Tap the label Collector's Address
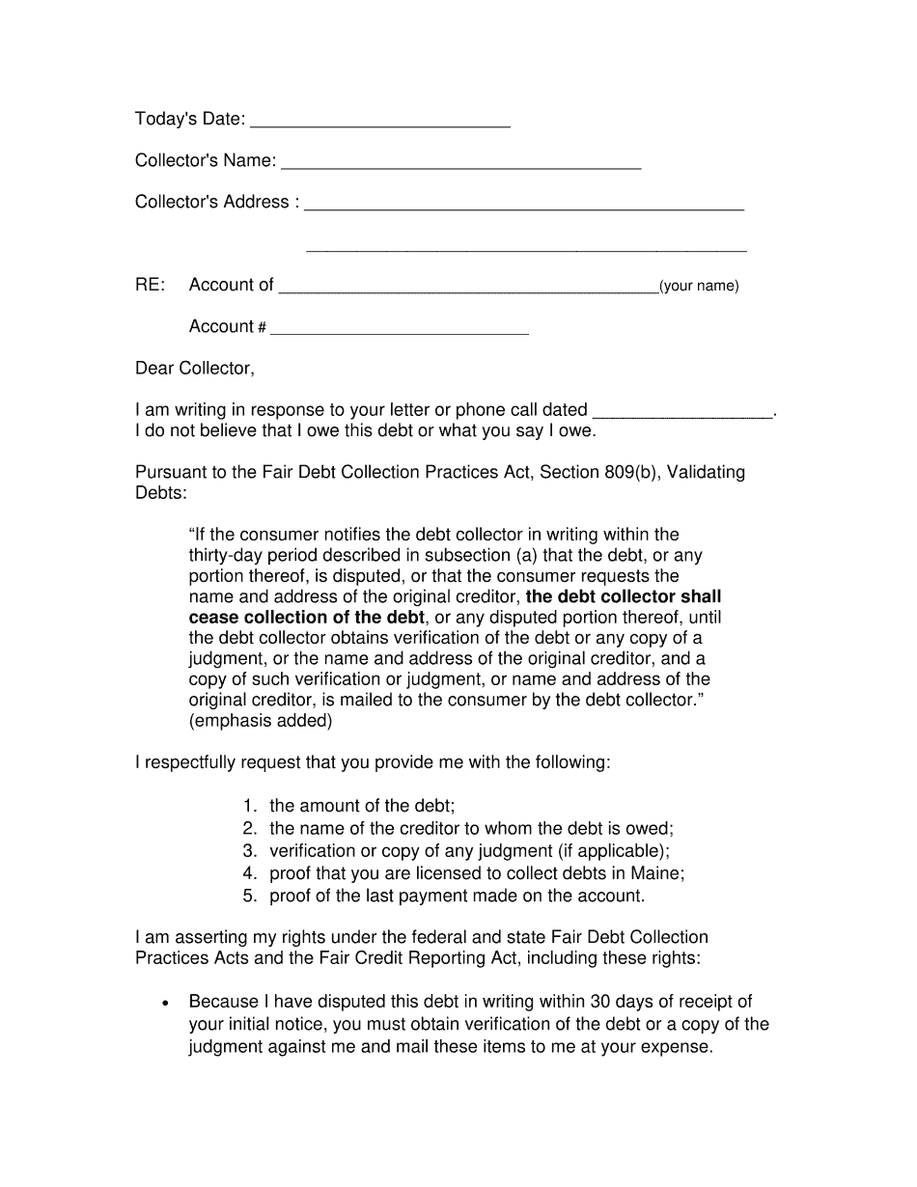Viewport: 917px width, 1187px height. [x=212, y=202]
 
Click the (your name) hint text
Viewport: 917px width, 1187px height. [x=699, y=286]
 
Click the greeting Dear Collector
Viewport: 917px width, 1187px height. [x=195, y=368]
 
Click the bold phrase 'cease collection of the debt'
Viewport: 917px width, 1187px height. [x=307, y=617]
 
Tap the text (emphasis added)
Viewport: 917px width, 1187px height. [x=261, y=720]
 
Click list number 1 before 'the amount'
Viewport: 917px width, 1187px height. [x=249, y=806]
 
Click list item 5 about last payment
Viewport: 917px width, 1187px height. [x=457, y=896]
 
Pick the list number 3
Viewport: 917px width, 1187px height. [x=249, y=850]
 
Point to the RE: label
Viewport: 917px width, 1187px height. [x=151, y=285]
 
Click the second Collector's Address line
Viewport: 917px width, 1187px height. [x=526, y=250]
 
